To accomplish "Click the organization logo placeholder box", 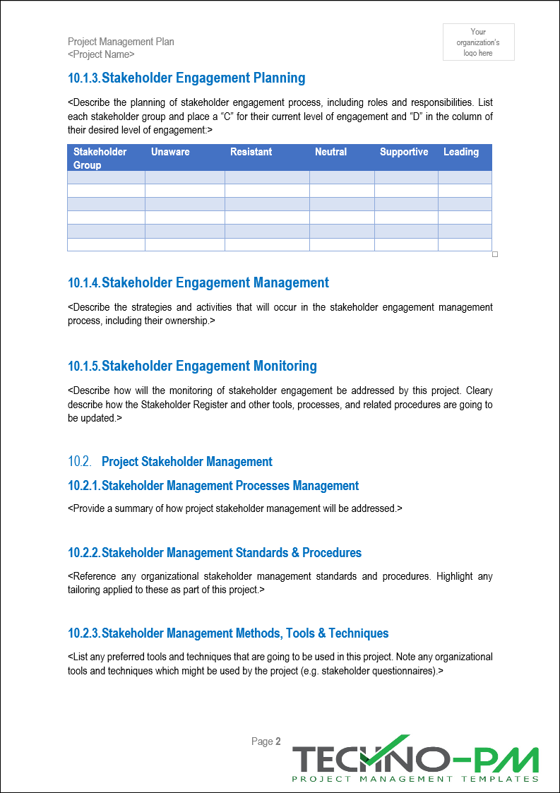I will [x=478, y=42].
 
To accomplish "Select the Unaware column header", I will [x=170, y=152].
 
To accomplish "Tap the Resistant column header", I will [x=251, y=152].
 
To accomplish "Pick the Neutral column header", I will [x=330, y=152].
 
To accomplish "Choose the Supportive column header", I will [x=404, y=152].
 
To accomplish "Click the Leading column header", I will [x=461, y=152].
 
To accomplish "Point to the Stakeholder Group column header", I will [x=100, y=158].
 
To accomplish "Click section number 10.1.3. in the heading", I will [x=84, y=78].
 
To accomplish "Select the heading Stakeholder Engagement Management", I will [x=215, y=282].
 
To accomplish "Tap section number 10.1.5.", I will [x=84, y=366].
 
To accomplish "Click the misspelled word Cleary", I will [x=479, y=390].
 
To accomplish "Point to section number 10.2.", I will [x=80, y=462].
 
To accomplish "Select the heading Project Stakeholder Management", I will [x=187, y=462].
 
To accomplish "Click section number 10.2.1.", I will [x=84, y=486].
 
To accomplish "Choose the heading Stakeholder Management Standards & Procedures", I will [x=232, y=552].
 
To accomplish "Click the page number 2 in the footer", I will [x=278, y=741].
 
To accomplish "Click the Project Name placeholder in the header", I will [x=101, y=54].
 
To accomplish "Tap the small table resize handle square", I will [x=495, y=254].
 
